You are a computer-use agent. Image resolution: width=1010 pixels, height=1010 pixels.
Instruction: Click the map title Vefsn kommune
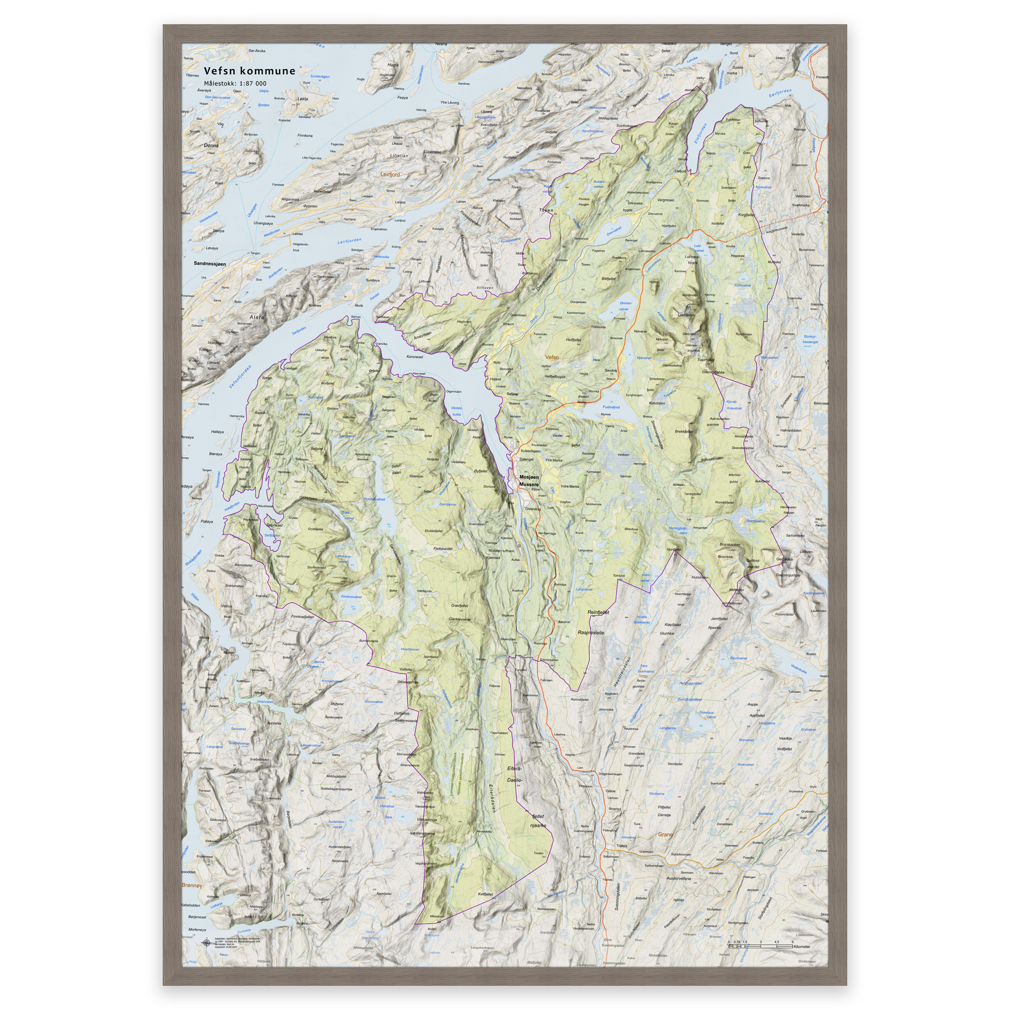click(250, 71)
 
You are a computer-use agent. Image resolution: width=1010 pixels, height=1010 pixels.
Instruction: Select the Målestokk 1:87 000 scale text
click(235, 84)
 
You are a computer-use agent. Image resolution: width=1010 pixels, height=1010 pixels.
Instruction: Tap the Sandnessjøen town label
click(210, 264)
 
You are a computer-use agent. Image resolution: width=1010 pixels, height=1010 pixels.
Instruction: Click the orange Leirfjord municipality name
click(390, 174)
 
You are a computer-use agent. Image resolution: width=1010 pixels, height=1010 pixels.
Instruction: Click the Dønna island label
click(211, 145)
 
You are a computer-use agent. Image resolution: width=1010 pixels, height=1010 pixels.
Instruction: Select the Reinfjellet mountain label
click(599, 612)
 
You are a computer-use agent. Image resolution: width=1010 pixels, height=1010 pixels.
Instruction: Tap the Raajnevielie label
click(591, 633)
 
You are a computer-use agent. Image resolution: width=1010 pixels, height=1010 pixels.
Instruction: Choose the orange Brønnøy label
click(192, 886)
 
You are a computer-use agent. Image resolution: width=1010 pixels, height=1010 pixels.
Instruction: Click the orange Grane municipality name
click(665, 835)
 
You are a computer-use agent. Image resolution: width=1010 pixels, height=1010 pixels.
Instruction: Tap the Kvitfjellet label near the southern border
click(485, 895)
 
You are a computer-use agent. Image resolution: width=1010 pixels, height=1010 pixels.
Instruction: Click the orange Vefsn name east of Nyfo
click(551, 358)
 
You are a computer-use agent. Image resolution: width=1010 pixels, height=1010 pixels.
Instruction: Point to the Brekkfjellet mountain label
click(684, 432)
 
